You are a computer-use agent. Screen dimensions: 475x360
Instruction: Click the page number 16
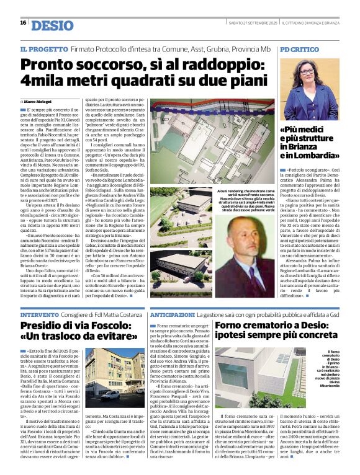[x=23, y=23]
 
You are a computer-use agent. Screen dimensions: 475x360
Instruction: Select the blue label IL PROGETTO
[x=41, y=48]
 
